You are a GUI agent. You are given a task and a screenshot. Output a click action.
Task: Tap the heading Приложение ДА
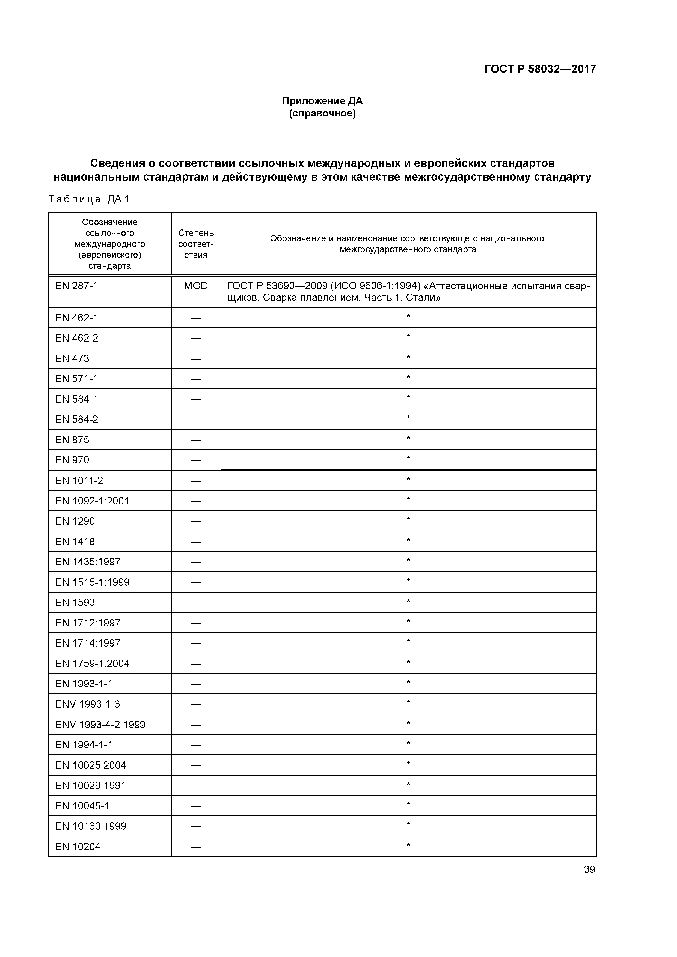click(x=322, y=101)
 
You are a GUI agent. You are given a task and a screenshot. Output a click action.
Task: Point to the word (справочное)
click(x=322, y=113)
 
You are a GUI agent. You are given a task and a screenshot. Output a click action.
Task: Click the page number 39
click(x=589, y=869)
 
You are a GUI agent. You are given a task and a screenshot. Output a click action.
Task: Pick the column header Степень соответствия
click(x=196, y=244)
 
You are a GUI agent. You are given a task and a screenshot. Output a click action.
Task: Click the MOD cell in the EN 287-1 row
click(x=196, y=286)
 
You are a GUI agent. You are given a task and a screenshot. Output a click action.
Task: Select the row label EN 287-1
click(x=76, y=286)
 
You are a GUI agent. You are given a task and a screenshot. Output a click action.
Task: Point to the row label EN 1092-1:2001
click(x=92, y=501)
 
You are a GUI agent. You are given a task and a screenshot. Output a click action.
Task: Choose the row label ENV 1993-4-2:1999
click(x=100, y=725)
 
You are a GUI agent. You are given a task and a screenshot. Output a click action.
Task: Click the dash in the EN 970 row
click(x=196, y=460)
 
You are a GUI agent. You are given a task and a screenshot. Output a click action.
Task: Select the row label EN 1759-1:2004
click(x=92, y=663)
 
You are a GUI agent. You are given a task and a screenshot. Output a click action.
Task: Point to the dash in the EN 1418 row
click(x=196, y=542)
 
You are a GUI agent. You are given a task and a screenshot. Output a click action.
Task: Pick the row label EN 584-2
click(x=77, y=420)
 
